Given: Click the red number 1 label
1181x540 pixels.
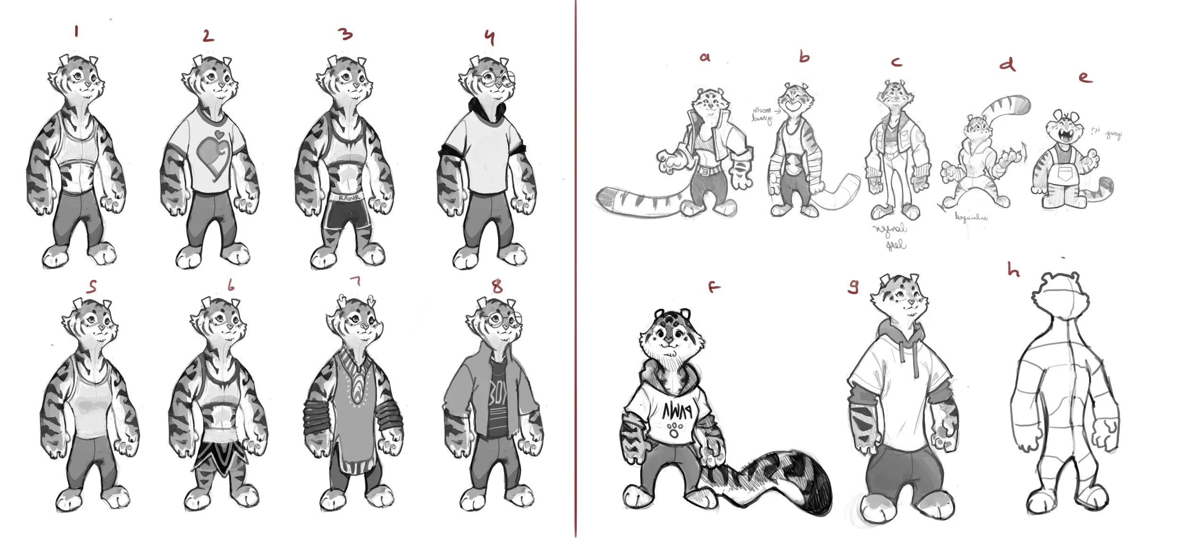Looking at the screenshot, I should click(x=77, y=32).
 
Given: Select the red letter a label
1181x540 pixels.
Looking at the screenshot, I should click(x=704, y=58).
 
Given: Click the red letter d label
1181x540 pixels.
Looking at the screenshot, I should click(x=1008, y=64).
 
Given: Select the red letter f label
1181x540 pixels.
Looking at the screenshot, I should click(x=714, y=286).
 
